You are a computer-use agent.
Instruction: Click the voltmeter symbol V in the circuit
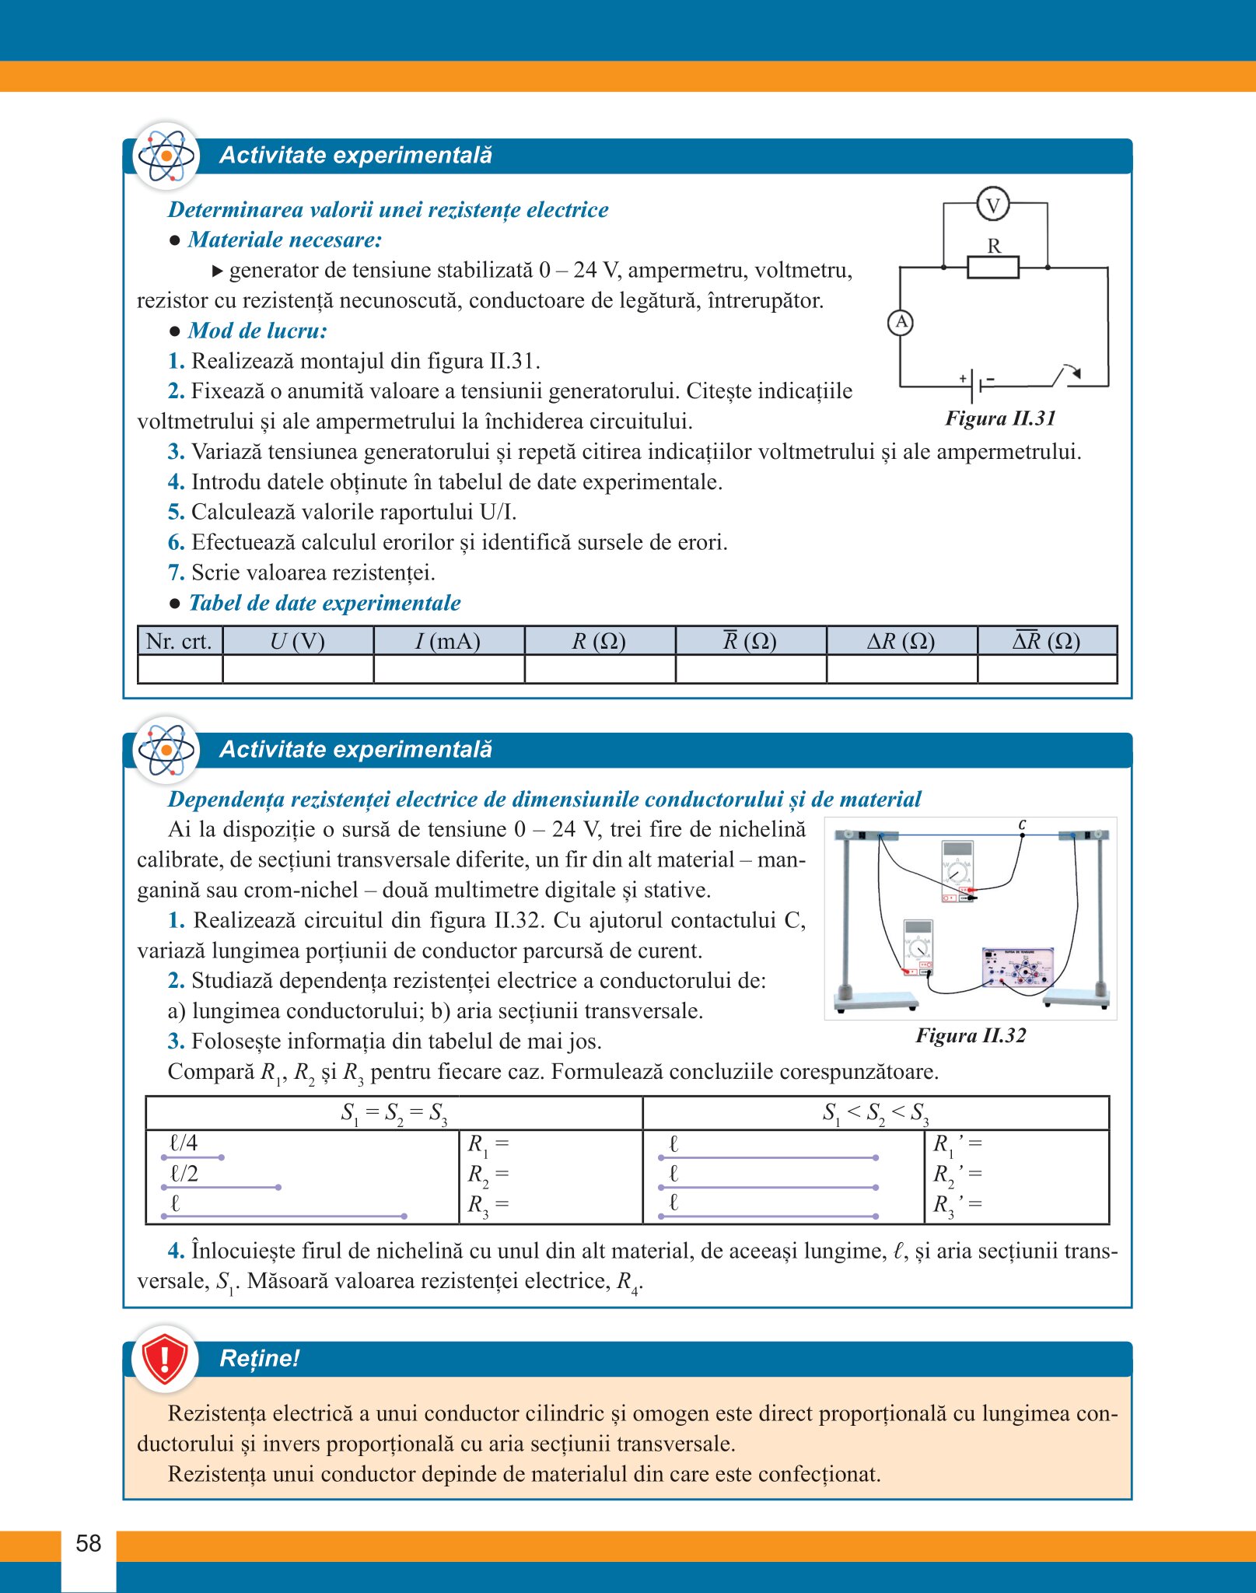click(992, 205)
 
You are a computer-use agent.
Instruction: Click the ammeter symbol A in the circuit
click(901, 322)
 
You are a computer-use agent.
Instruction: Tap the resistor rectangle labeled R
click(993, 268)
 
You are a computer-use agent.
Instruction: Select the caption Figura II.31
click(1000, 418)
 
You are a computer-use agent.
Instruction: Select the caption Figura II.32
click(971, 1035)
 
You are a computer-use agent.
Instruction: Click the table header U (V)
click(297, 641)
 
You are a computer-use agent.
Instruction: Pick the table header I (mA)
click(448, 641)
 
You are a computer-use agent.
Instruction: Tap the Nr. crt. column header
click(179, 641)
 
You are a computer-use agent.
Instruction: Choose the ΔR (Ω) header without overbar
click(901, 641)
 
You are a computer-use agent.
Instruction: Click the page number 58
click(89, 1543)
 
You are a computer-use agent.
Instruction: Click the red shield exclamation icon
click(165, 1359)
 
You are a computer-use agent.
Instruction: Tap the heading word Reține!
click(260, 1359)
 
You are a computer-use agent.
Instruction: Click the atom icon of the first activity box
click(166, 156)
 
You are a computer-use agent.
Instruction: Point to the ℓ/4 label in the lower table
click(184, 1143)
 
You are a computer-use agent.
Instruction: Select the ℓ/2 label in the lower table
click(184, 1173)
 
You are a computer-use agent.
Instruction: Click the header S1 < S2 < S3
click(876, 1113)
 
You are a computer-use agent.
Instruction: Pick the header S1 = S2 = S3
click(394, 1113)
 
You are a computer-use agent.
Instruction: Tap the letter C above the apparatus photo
click(1022, 825)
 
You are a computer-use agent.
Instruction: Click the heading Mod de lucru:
click(257, 331)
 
